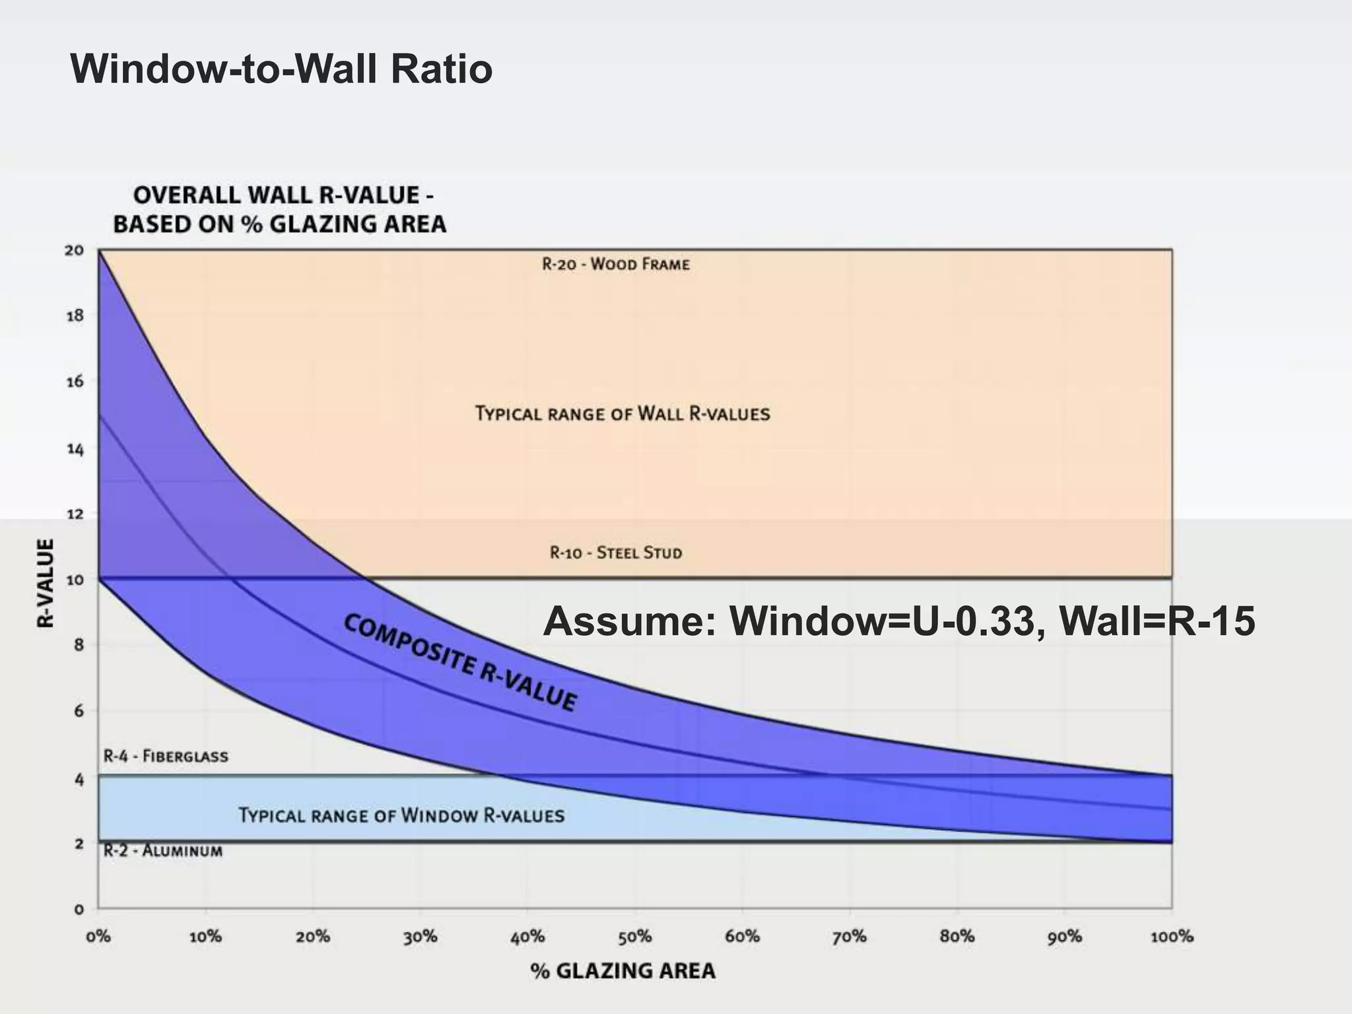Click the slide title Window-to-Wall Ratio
tap(281, 69)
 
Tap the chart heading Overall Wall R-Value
tap(280, 210)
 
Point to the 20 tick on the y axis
tap(75, 250)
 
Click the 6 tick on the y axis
tap(79, 711)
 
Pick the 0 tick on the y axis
tap(79, 910)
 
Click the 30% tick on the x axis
tap(421, 937)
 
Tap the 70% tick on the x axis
tap(849, 937)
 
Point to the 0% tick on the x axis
tap(98, 937)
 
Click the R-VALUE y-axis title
tap(45, 583)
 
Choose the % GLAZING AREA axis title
tap(623, 970)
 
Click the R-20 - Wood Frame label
tap(616, 265)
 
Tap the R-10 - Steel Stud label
tap(616, 553)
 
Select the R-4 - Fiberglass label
tap(166, 756)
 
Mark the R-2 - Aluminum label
tap(163, 851)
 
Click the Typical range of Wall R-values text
tap(623, 414)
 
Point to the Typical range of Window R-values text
tap(401, 815)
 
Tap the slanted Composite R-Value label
tap(460, 662)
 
